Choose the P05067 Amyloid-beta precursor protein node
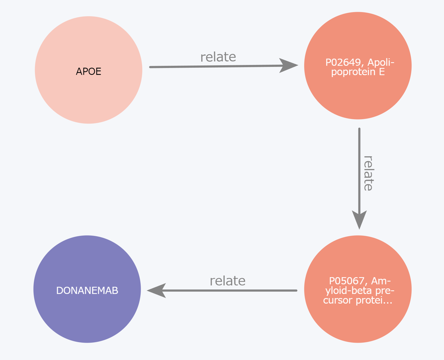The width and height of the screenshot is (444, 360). point(358,320)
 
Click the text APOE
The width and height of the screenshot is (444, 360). point(88,71)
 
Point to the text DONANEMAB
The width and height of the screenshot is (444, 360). point(87,291)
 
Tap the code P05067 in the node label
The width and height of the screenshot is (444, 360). point(347,281)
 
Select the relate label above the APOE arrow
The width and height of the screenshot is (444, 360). point(218,57)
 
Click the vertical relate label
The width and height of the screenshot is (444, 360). point(368,173)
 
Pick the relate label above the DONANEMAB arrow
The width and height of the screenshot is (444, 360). point(227,281)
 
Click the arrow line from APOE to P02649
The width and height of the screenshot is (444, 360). point(213,67)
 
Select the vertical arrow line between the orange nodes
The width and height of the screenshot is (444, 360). point(359,167)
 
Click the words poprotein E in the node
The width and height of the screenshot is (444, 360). point(358,72)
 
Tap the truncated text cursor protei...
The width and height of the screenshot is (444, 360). point(357,300)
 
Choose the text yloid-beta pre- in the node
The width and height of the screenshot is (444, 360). point(360,291)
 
